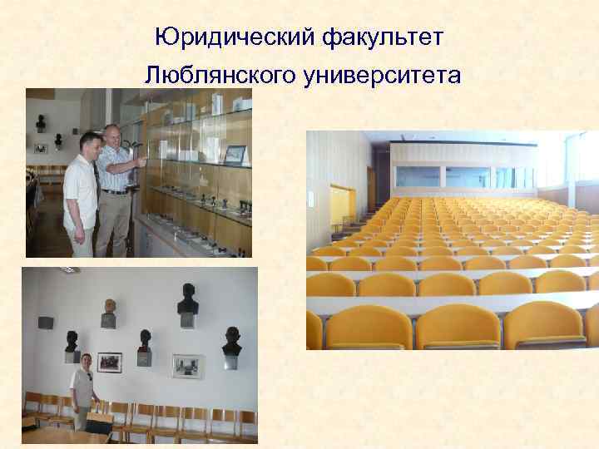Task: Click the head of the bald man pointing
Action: tap(112, 134)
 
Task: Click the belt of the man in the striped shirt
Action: tap(115, 191)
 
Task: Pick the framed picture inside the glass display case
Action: tap(235, 154)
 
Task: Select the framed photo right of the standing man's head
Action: tap(109, 363)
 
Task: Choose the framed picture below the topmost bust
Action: tap(187, 365)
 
